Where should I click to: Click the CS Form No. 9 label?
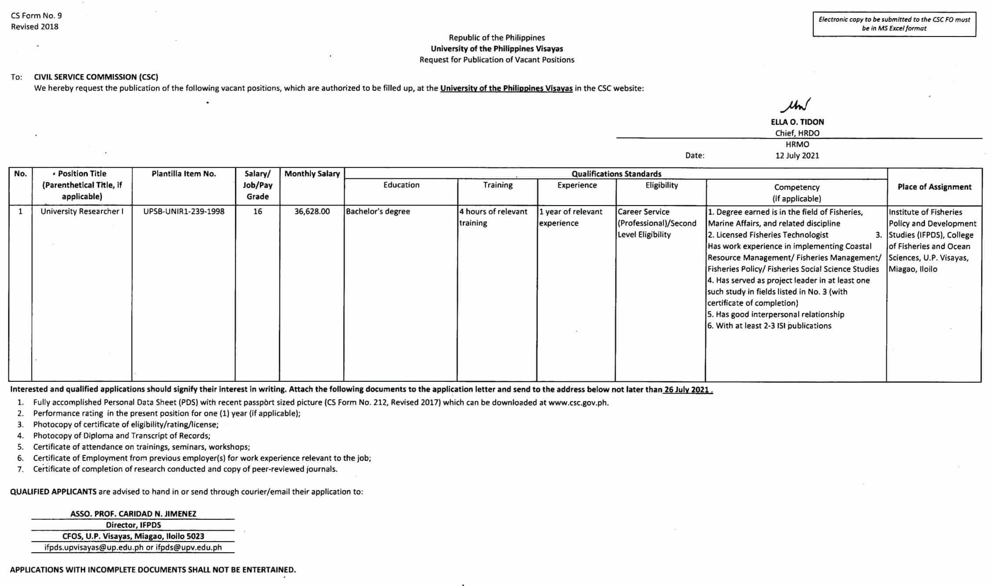(36, 16)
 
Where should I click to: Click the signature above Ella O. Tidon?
(796, 105)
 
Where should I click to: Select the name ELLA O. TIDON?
(797, 122)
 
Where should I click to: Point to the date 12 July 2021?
(797, 156)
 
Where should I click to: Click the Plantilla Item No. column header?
(184, 174)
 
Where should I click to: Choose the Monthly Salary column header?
(312, 174)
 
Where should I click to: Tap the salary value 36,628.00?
(312, 211)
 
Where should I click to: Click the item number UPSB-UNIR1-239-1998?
(184, 211)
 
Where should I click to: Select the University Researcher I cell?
(82, 211)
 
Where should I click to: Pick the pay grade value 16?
(258, 211)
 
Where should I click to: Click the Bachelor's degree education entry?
(378, 211)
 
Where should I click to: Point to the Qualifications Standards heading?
(616, 174)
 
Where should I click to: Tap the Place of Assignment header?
(934, 187)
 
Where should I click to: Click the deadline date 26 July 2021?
(686, 390)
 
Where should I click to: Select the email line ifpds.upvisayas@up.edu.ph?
(133, 547)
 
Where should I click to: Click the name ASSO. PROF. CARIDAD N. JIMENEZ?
(133, 514)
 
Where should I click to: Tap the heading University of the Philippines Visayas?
(497, 49)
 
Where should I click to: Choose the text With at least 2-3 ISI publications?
(770, 326)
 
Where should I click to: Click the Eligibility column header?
(661, 185)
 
